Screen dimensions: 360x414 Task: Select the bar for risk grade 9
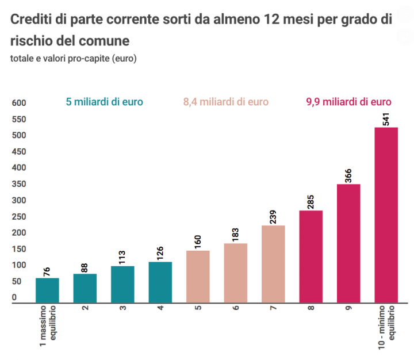click(x=348, y=243)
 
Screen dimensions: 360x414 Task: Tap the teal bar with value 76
click(x=47, y=290)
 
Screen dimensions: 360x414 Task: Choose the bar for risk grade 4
click(x=160, y=282)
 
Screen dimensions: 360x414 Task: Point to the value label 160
click(x=198, y=241)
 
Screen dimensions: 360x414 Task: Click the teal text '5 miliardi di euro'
click(x=105, y=102)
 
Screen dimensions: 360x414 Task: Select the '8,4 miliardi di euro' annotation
click(x=226, y=102)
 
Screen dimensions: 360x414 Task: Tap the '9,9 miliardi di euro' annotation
click(x=348, y=102)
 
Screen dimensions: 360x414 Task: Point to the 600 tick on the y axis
click(x=19, y=104)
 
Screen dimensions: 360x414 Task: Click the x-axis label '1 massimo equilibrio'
click(x=48, y=327)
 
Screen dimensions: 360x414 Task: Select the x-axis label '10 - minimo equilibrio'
click(x=386, y=328)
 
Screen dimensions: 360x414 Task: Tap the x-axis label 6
click(x=235, y=308)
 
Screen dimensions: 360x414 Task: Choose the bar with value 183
click(x=236, y=274)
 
